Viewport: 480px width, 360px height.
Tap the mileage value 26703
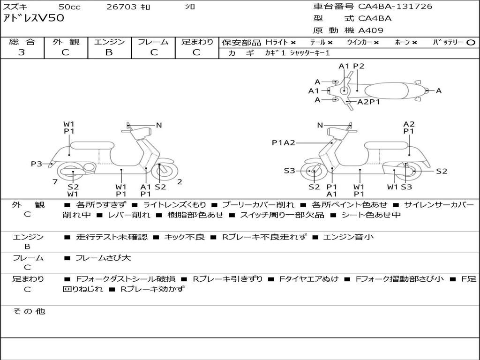point(121,7)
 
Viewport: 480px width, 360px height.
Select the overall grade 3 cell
point(22,52)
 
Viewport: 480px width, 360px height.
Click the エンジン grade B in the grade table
point(109,52)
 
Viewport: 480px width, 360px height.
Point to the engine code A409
point(371,30)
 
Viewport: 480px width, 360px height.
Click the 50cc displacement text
point(69,7)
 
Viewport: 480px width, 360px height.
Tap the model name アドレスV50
point(33,19)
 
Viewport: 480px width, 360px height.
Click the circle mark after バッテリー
point(471,43)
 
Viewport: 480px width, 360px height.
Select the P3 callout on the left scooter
point(37,164)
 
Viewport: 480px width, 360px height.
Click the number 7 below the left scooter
point(55,182)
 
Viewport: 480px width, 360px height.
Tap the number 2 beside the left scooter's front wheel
point(180,182)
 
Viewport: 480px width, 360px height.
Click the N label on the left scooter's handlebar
point(159,125)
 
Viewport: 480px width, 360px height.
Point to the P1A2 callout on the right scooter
point(283,143)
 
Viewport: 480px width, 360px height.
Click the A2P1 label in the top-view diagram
point(368,102)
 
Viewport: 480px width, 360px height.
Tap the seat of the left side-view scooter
point(92,145)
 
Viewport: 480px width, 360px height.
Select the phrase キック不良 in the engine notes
point(184,237)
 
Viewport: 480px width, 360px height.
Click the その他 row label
point(29,311)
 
